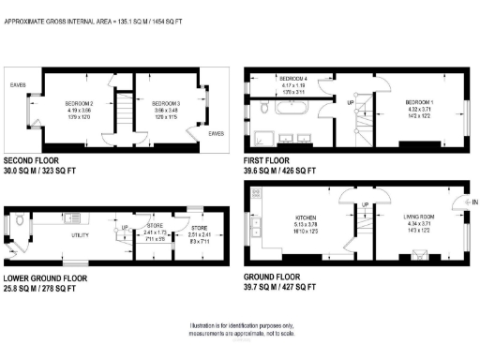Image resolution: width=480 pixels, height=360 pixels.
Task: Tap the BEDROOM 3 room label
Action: click(169, 103)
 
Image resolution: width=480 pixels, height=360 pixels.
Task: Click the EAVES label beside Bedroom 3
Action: click(217, 133)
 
